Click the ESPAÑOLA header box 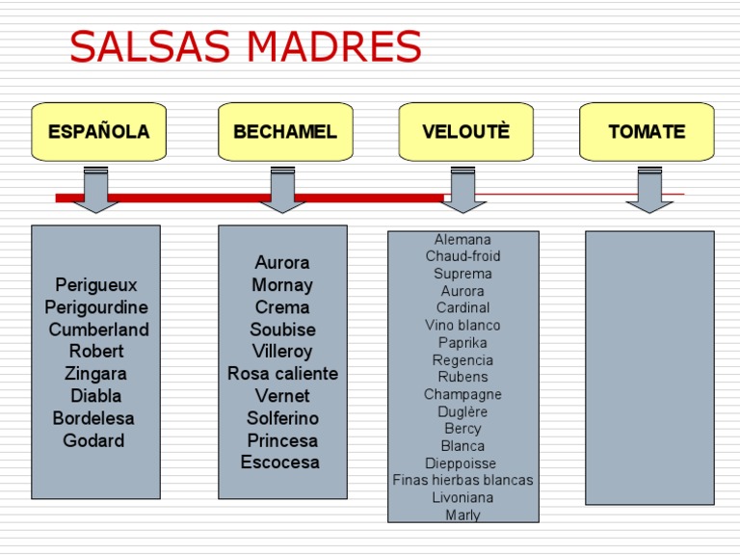(98, 132)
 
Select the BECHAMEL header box (285, 132)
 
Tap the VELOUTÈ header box (465, 132)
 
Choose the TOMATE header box (647, 132)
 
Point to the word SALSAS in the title (143, 46)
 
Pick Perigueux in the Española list (96, 285)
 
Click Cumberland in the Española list (98, 330)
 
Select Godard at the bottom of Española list (93, 440)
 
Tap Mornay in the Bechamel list (282, 285)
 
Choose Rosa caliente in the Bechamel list (282, 374)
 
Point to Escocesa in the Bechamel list (280, 462)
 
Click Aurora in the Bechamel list (282, 263)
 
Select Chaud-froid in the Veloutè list (463, 256)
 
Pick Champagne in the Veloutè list (462, 394)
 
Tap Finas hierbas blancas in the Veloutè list (462, 480)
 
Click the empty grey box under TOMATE (649, 367)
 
